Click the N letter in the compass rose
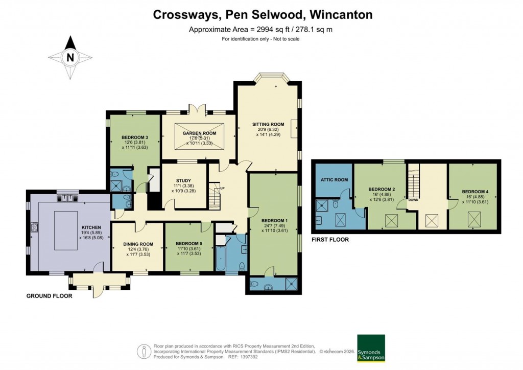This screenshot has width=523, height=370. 70,57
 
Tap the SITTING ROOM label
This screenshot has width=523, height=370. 268,124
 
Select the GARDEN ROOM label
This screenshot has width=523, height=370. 199,133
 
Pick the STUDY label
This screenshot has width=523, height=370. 183,180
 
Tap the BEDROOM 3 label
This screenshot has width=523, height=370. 135,137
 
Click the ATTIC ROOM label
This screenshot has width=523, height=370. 334,180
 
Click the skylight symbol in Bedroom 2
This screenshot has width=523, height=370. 392,221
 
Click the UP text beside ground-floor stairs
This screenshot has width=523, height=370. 222,188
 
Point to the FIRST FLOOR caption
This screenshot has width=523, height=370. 330,239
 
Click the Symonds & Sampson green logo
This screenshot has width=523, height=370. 371,348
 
